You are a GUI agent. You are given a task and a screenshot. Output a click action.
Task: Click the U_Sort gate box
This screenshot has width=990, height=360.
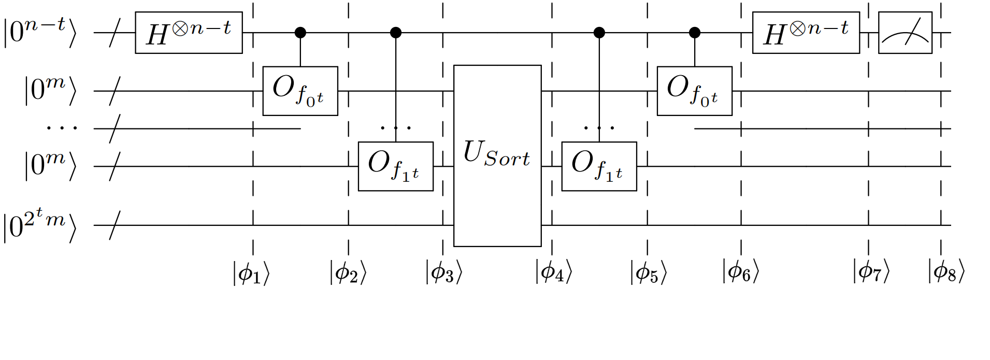point(497,155)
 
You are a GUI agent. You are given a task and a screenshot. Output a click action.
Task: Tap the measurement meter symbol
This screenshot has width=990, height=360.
point(905,33)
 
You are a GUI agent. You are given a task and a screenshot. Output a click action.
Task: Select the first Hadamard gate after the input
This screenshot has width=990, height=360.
point(189,33)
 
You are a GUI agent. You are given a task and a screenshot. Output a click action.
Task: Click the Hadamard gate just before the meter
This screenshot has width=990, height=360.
point(806,33)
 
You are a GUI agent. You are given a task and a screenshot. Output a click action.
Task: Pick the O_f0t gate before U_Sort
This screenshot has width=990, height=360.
point(300,91)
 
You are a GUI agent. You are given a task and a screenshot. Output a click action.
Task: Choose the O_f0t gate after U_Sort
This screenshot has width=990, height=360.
point(694,91)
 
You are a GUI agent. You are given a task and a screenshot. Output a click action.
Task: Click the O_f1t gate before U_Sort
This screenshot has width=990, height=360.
point(395,166)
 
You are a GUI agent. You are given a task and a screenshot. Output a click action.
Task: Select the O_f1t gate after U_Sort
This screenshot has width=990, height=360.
point(599,166)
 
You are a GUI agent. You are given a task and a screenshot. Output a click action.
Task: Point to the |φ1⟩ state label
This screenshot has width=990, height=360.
point(251,273)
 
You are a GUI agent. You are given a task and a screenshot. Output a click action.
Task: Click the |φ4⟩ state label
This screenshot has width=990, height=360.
point(553,272)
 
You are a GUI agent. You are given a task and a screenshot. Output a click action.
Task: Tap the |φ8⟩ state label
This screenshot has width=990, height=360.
point(946,272)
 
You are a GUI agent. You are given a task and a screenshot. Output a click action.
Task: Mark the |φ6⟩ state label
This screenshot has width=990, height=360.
point(740,272)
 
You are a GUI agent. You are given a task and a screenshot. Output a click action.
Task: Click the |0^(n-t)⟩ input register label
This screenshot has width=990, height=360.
point(40,32)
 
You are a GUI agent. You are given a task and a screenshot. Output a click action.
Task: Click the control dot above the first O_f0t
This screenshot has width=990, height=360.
point(300,33)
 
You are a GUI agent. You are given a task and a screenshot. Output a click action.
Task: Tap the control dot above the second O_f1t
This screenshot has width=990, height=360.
point(599,33)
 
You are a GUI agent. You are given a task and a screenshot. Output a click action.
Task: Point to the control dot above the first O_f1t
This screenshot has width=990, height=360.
point(396,33)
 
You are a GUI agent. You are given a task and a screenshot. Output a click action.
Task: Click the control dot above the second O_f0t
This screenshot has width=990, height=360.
point(695,33)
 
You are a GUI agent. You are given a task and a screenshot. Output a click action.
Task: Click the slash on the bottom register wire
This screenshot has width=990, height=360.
point(115,225)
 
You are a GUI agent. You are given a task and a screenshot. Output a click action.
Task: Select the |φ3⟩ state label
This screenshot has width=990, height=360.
point(443,272)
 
